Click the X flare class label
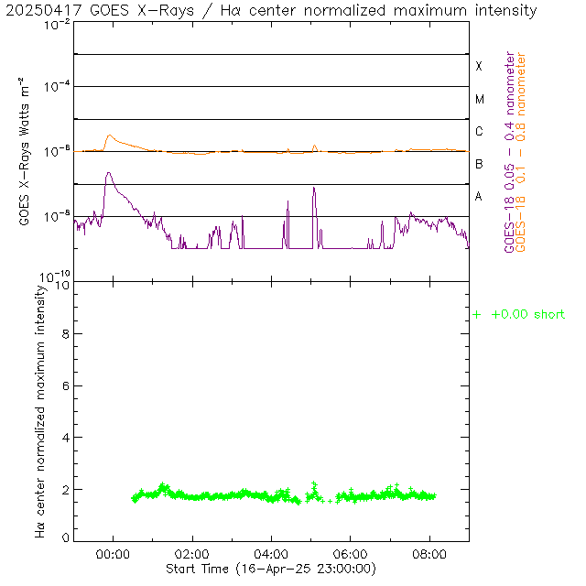pyautogui.click(x=478, y=66)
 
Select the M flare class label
pyautogui.click(x=478, y=99)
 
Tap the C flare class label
pyautogui.click(x=478, y=132)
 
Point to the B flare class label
pyautogui.click(x=478, y=164)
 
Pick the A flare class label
pyautogui.click(x=478, y=197)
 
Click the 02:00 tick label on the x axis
pyautogui.click(x=192, y=555)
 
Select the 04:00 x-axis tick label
pyautogui.click(x=272, y=555)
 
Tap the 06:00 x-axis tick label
pyautogui.click(x=351, y=555)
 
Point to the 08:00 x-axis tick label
pyautogui.click(x=430, y=555)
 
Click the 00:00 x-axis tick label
pyautogui.click(x=113, y=555)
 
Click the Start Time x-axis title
pyautogui.click(x=271, y=569)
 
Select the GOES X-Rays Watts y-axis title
pyautogui.click(x=27, y=152)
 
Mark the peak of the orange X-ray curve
pyautogui.click(x=110, y=136)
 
